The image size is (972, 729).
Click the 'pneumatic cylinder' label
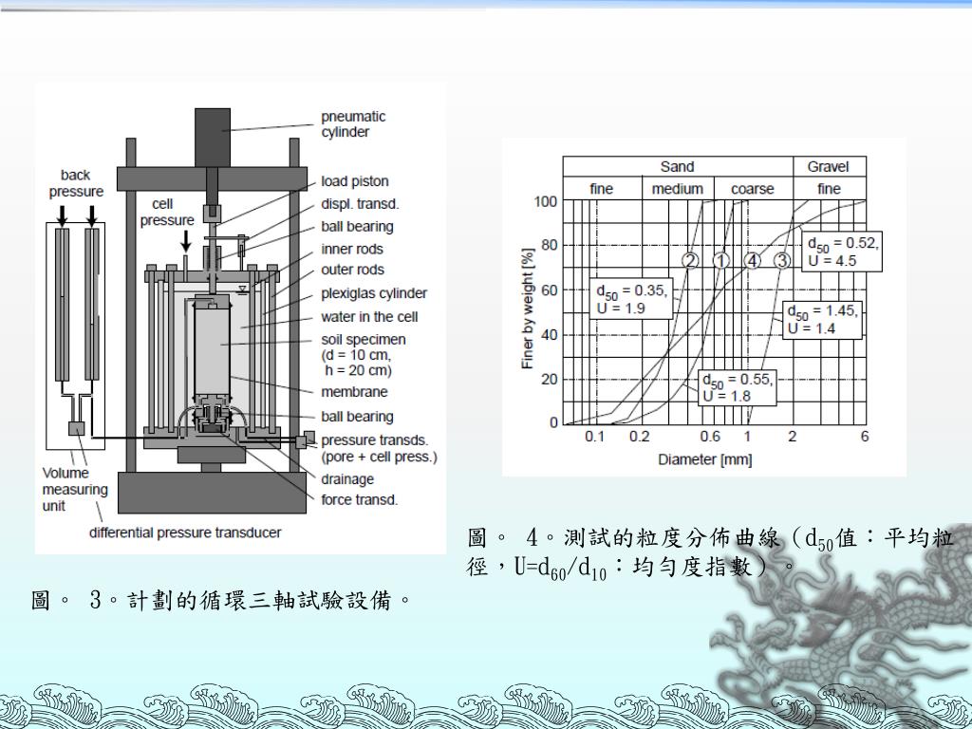point(353,124)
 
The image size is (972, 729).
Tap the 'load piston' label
point(354,181)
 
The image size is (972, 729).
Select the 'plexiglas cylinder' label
point(373,293)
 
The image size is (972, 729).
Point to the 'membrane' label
point(354,392)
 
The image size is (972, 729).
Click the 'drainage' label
point(347,479)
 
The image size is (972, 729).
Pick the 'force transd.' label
point(359,499)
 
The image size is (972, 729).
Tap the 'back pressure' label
point(76,183)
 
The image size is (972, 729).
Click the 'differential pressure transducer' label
point(185,533)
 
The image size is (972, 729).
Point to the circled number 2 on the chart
point(690,260)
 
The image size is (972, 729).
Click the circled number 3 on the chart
point(782,260)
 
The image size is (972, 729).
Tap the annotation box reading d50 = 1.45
point(822,320)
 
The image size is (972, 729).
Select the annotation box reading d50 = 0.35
point(632,298)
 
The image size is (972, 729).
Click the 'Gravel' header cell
point(829,167)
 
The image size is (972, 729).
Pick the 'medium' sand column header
point(677,189)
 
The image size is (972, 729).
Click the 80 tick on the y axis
point(546,245)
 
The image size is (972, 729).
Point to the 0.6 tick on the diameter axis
point(710,437)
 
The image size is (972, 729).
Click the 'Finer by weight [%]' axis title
point(528,308)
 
